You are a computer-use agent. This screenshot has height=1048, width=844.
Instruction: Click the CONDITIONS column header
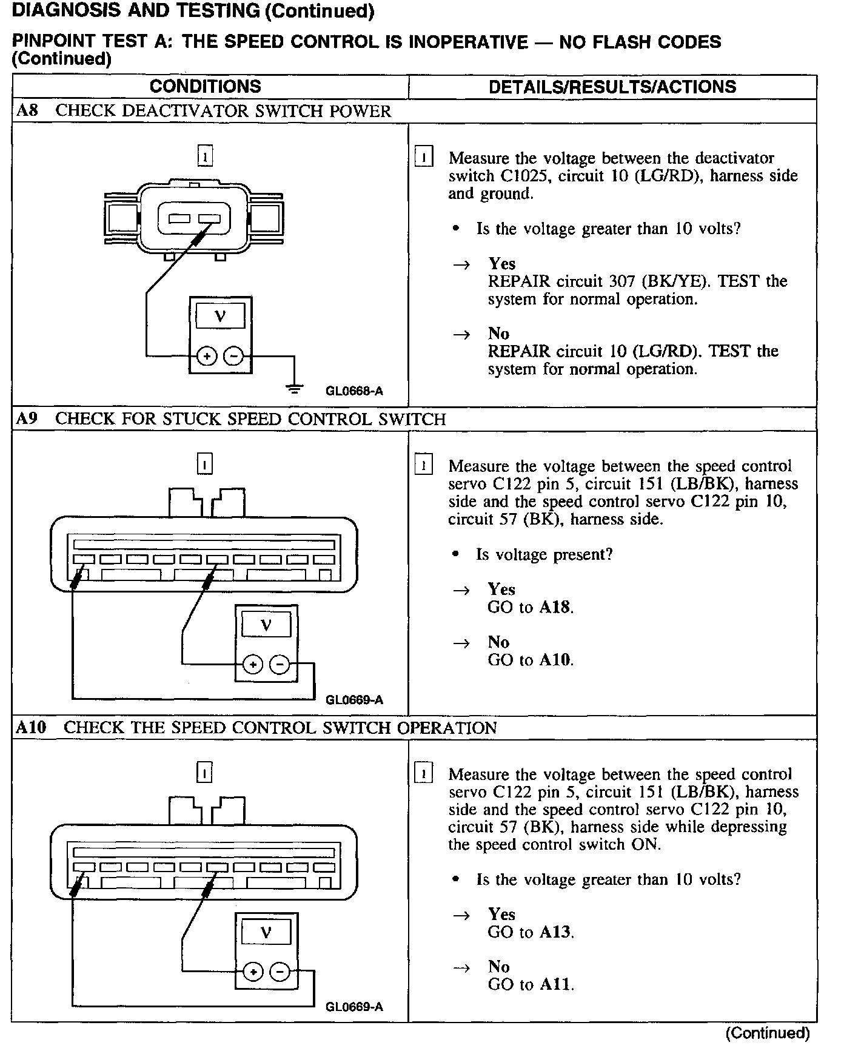205,86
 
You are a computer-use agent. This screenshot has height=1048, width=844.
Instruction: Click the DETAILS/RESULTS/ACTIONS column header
612,87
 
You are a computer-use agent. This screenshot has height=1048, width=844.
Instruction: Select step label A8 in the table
27,111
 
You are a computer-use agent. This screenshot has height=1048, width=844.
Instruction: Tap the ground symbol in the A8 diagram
295,388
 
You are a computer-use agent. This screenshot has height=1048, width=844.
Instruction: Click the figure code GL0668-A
354,391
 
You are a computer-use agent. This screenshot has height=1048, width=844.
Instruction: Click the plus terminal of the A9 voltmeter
252,665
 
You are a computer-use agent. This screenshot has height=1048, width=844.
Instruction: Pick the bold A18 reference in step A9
555,607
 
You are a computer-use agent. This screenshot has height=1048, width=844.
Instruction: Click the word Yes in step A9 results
501,589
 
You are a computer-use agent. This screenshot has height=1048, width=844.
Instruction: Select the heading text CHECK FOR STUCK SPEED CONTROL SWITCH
250,419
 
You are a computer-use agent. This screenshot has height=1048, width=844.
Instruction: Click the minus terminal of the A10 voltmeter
279,972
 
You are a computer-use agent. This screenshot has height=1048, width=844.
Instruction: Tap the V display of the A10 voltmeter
266,932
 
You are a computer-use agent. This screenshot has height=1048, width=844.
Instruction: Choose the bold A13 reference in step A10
555,932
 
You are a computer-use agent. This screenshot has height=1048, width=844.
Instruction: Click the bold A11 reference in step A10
555,984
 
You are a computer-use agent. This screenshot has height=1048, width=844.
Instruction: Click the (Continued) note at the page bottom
767,1032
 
